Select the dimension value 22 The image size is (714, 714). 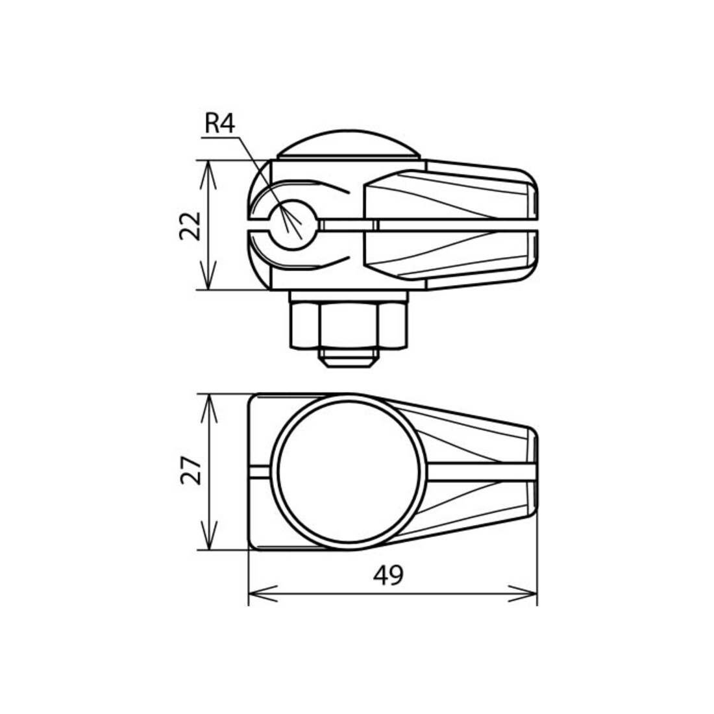(190, 226)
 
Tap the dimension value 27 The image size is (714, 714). (191, 471)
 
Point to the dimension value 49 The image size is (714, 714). (388, 575)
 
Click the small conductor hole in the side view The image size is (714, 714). (292, 225)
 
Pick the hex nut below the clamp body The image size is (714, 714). (348, 326)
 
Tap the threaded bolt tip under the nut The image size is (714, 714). (349, 359)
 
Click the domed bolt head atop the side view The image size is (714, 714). (349, 144)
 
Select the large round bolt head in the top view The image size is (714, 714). (349, 472)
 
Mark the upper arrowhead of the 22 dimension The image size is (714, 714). (208, 174)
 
